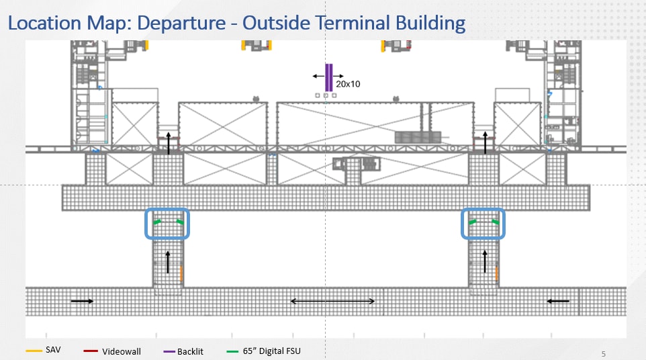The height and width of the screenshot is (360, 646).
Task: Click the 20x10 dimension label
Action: tap(349, 84)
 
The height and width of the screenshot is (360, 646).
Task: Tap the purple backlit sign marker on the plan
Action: tap(328, 77)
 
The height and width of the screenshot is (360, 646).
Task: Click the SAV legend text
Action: tap(54, 351)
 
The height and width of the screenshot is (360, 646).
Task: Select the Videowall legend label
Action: tap(122, 351)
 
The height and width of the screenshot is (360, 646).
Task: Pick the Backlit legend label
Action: tap(190, 351)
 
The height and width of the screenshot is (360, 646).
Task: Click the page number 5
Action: tap(603, 353)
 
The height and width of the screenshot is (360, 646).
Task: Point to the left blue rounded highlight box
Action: tap(168, 224)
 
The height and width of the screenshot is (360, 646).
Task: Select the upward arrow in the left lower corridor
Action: tap(168, 262)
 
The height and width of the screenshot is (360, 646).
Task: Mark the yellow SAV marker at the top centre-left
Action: tap(243, 46)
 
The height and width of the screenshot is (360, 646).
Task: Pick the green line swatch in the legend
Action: tap(232, 351)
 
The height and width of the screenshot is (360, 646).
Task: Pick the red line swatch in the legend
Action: tap(91, 351)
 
